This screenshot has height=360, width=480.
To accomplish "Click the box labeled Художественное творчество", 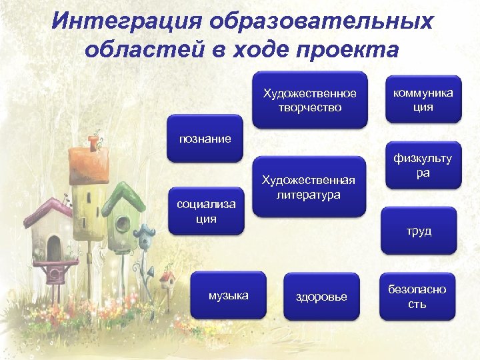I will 309,99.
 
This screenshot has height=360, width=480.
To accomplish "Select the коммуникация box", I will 423,99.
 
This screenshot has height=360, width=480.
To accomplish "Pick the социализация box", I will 206,211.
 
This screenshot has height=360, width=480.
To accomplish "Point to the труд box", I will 419,231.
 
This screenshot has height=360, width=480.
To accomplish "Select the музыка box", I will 228,295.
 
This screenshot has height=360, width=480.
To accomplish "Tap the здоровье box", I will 321,297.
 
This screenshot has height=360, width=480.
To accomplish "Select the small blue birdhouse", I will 145,236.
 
